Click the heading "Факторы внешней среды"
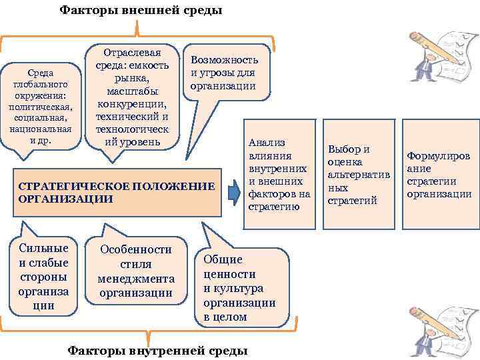141,10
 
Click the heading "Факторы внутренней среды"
158,351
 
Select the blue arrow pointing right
233,191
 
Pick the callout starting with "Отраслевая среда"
133,96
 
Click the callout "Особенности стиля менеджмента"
135,271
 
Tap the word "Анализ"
266,142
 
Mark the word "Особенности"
135,249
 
